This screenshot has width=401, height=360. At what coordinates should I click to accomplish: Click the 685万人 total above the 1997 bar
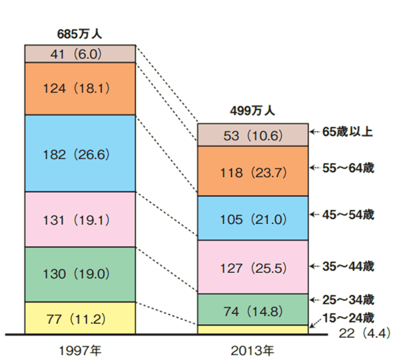click(x=79, y=34)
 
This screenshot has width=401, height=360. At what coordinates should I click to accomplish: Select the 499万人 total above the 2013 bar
click(x=253, y=111)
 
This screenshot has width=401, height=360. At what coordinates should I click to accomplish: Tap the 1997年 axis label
click(x=81, y=351)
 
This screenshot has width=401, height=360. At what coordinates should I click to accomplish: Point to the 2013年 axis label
click(x=253, y=351)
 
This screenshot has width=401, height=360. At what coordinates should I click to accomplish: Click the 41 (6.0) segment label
click(x=76, y=54)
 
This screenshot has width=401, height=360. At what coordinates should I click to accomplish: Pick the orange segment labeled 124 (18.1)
click(x=81, y=89)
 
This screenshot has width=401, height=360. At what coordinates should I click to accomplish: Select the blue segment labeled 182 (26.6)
click(x=81, y=153)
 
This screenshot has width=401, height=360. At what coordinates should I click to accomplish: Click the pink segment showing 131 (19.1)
click(x=81, y=220)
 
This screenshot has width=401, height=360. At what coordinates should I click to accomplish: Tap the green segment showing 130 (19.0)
click(x=81, y=274)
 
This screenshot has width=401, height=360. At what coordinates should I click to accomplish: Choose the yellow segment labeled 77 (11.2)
click(x=81, y=318)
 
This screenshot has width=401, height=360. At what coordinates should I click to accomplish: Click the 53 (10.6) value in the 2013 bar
click(x=253, y=136)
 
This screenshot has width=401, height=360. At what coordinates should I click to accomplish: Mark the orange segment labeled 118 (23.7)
click(x=253, y=171)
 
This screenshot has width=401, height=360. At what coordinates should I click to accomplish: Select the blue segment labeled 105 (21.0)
click(x=253, y=218)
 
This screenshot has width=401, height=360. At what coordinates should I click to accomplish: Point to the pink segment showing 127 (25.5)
click(x=253, y=267)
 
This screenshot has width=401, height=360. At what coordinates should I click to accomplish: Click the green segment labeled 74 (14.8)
click(x=253, y=310)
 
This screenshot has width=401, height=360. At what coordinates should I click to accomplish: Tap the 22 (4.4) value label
click(x=365, y=333)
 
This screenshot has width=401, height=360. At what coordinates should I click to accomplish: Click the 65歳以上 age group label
click(x=347, y=132)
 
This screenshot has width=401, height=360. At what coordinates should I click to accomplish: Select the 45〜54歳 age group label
click(x=348, y=215)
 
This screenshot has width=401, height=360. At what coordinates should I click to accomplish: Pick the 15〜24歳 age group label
click(x=348, y=318)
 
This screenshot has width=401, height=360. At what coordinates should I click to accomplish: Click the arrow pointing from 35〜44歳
click(x=315, y=266)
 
